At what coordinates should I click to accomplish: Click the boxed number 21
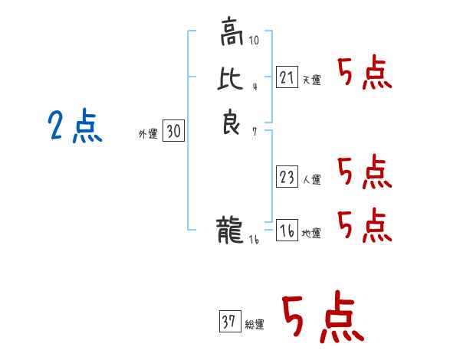click(x=287, y=77)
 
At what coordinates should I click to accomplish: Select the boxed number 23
click(x=287, y=177)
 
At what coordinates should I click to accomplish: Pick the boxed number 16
click(x=287, y=231)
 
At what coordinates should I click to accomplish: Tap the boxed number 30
click(x=173, y=132)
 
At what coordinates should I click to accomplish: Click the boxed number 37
click(x=230, y=322)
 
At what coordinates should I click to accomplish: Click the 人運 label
click(x=312, y=180)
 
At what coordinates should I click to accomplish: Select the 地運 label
click(x=312, y=234)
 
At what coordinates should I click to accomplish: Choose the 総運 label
click(x=255, y=326)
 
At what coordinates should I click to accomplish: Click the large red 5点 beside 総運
click(x=322, y=319)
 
